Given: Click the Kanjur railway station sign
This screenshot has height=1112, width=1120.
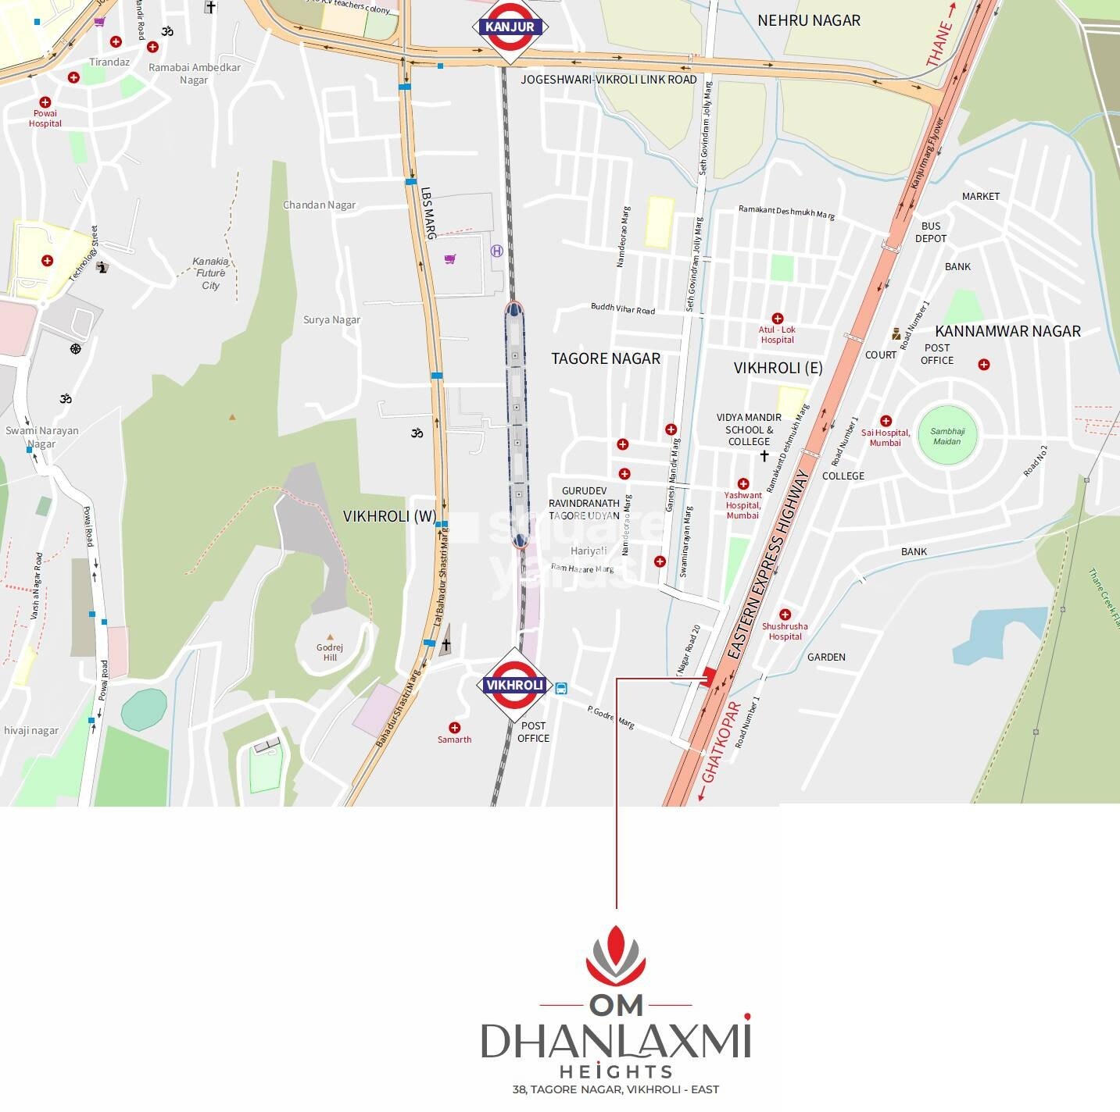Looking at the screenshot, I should [510, 27].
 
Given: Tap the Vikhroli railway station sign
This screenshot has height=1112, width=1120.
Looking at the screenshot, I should [514, 685].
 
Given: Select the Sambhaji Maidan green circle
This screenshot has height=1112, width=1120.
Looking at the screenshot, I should [947, 436].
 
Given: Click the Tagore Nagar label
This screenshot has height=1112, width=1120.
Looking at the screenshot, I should [606, 358].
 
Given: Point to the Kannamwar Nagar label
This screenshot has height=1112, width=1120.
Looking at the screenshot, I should [1007, 331].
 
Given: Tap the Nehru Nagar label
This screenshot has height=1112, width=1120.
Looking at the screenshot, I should [809, 20].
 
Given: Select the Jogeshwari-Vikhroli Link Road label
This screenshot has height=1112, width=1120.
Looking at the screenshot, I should [608, 80].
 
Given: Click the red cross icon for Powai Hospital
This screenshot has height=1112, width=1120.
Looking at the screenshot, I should [45, 102].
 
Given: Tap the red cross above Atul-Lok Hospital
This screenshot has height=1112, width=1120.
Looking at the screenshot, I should [777, 319].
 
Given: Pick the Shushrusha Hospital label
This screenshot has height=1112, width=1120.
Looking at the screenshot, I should [785, 631].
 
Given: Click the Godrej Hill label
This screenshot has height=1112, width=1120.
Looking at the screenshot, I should [330, 652].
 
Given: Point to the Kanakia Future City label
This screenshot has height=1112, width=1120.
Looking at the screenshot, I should [210, 273].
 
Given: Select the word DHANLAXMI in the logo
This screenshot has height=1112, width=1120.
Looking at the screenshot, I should [615, 1041].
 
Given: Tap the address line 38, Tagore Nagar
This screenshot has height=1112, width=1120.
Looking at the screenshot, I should [615, 1089].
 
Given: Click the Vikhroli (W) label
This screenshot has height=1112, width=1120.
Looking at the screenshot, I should [389, 516].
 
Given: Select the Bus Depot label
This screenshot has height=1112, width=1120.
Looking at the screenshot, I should [930, 232].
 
